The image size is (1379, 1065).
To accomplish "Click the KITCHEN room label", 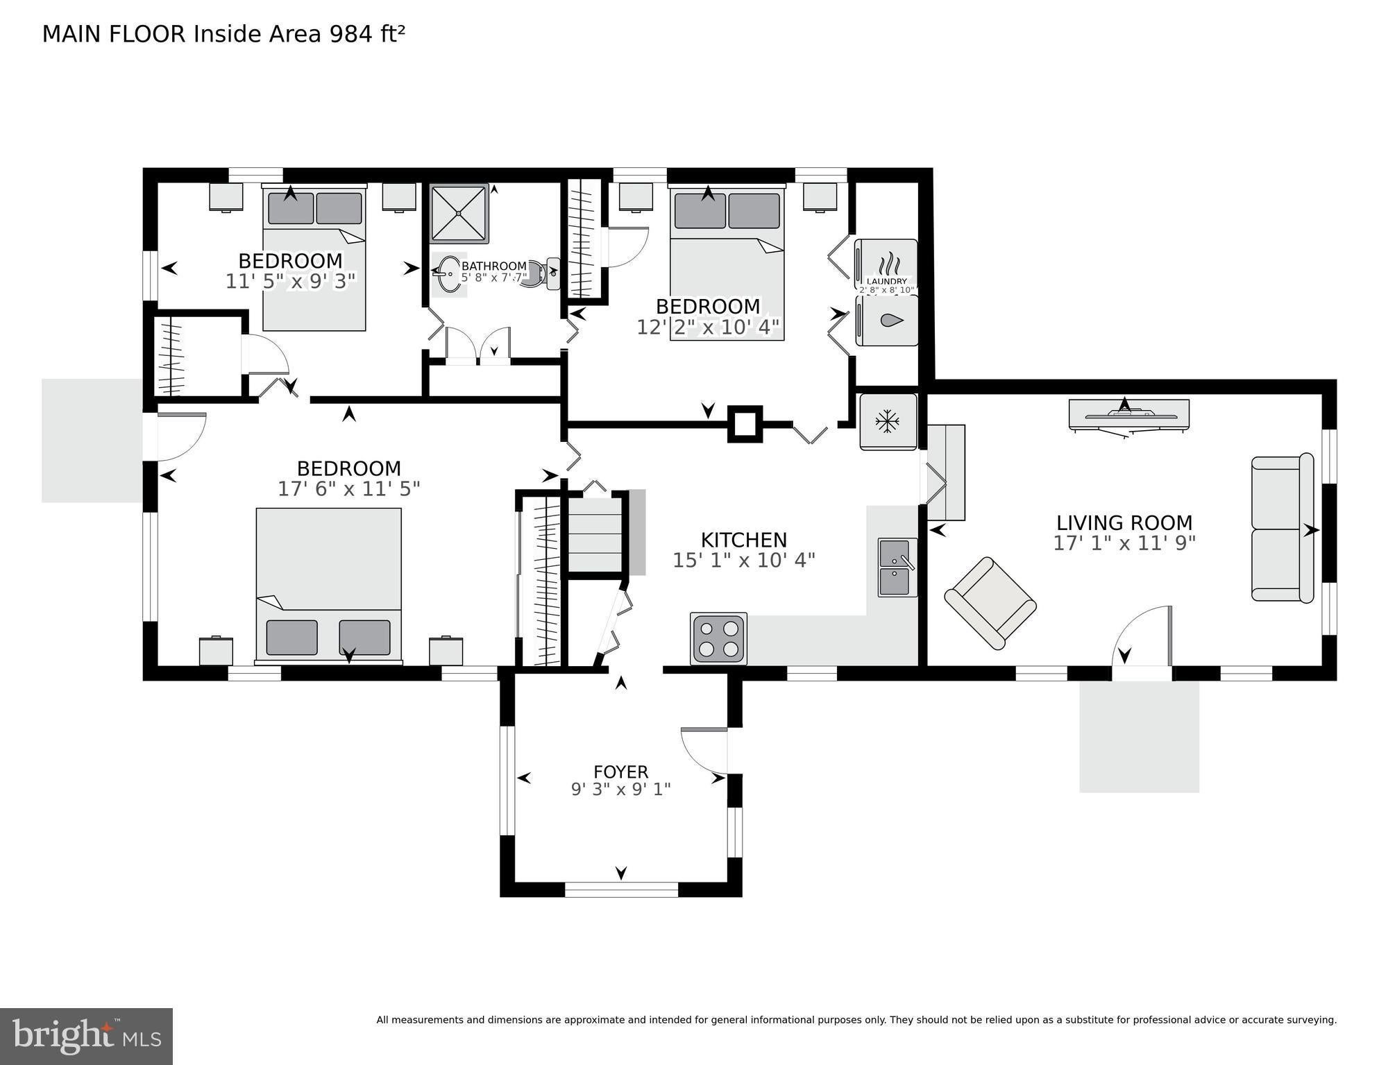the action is [743, 540].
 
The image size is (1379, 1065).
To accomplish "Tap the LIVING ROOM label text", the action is [1124, 522].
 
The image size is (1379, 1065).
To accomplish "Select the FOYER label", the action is [621, 772].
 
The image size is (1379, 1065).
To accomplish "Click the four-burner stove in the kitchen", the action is [718, 638].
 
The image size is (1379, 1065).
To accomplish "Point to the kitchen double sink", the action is [897, 567].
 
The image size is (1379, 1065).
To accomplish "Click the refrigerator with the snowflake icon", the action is [888, 421].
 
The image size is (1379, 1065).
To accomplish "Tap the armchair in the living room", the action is [990, 603].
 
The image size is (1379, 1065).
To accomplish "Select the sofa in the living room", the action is [1283, 527].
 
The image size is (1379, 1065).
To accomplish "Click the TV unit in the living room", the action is [1129, 416].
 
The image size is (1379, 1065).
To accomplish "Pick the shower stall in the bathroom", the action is [459, 213].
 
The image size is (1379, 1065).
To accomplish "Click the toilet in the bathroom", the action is [545, 273].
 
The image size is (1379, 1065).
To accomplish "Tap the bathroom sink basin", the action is [448, 275].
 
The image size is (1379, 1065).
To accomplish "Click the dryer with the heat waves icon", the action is [886, 266].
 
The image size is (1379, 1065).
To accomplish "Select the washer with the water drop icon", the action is [886, 320].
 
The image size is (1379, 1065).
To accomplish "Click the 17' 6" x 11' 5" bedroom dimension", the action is [349, 488].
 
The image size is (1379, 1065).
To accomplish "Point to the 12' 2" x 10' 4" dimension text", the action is [708, 326].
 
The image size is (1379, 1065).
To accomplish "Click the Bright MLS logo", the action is [86, 1035].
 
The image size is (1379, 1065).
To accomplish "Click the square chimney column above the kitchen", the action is [745, 424].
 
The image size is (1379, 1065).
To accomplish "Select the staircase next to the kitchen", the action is [595, 532].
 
